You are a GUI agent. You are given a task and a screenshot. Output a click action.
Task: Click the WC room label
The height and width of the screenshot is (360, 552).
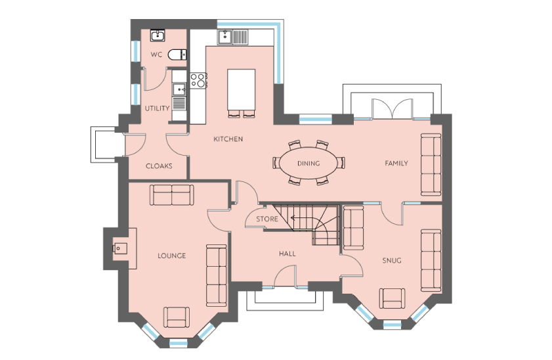tap(156, 55)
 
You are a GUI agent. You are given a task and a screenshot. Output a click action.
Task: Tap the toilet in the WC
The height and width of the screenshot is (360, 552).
tap(177, 55)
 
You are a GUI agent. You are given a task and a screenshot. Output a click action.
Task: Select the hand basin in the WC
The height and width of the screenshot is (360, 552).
tap(158, 35)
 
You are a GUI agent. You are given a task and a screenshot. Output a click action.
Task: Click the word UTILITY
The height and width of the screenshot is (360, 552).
tap(157, 108)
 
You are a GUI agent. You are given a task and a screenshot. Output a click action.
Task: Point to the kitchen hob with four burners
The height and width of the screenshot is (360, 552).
tap(198, 80)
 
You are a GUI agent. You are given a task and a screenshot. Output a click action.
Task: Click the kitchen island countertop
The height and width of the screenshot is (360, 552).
tap(241, 90)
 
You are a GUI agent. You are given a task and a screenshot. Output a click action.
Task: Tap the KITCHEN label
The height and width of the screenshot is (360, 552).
tap(228, 139)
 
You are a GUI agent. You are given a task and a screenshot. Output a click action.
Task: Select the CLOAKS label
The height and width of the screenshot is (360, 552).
tap(159, 166)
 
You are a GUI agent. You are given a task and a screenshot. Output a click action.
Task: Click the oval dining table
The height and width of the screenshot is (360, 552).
tap(308, 163)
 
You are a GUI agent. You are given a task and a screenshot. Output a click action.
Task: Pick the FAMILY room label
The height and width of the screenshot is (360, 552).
tap(396, 163)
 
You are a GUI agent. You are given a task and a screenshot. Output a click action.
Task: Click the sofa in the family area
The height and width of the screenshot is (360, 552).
tap(431, 164)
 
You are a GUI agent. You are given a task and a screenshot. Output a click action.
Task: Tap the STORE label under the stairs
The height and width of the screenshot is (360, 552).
tap(267, 219)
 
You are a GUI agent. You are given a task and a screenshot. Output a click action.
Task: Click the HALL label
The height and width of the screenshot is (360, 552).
tap(287, 254)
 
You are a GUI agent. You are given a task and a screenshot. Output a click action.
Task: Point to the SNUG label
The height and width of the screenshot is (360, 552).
tap(392, 261)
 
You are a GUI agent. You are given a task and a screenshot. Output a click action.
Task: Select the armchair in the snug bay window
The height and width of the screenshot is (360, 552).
tap(392, 298)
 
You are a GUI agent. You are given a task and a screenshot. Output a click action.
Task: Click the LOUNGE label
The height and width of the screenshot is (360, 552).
tap(172, 256)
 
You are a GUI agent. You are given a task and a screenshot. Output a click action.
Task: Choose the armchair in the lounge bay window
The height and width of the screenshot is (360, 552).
tap(177, 317)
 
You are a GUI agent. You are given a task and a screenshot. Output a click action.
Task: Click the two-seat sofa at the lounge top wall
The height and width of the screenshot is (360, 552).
tap(172, 195)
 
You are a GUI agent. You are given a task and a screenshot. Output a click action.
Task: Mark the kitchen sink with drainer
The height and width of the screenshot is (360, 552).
tap(233, 37)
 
